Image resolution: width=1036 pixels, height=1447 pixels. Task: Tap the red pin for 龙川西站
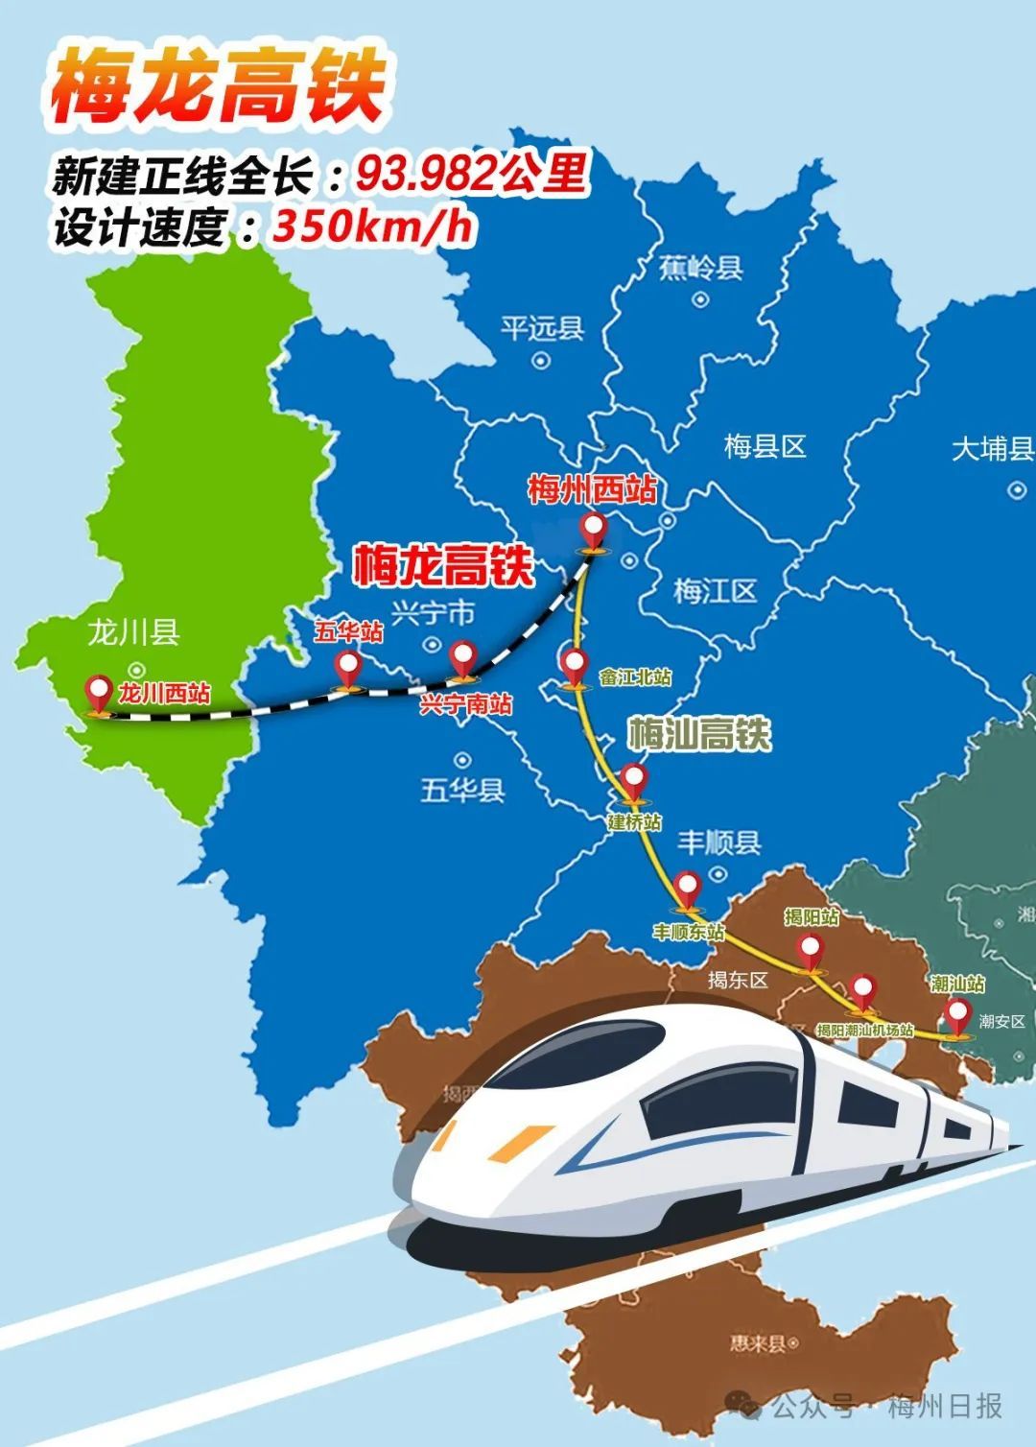99,691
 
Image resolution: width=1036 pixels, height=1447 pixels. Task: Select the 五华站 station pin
347,666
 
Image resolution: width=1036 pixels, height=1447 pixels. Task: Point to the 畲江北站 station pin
574,664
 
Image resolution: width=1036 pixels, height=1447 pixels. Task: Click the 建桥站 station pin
634,780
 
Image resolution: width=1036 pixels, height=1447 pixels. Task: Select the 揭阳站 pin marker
812,952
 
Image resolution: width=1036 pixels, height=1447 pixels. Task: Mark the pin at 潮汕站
957,1014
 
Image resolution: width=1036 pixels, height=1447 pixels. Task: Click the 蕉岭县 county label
701,268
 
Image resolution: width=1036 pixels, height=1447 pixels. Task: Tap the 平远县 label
542,329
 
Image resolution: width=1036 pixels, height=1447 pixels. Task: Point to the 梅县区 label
765,446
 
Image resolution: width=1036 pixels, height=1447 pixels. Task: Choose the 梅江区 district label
715,591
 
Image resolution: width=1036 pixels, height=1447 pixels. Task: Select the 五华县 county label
462,791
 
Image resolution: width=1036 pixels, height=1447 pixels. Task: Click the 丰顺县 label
718,842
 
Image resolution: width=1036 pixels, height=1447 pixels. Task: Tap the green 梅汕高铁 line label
699,734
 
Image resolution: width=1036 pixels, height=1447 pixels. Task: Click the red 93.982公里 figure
471,174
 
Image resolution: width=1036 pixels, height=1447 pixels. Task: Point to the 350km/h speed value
373,227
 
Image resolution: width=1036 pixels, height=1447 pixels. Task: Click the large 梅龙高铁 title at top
218,86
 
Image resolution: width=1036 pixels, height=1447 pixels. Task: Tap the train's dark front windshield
585,1056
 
